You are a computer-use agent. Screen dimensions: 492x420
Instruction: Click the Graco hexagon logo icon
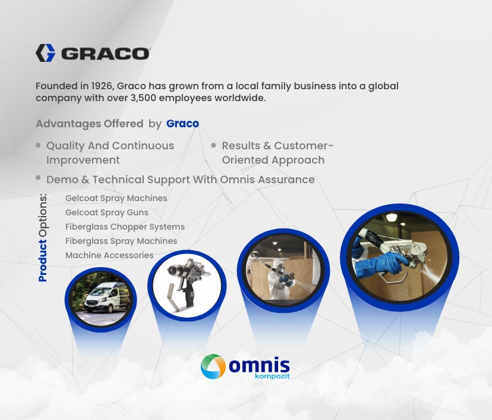46,53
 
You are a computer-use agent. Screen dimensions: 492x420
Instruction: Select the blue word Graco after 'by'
182,124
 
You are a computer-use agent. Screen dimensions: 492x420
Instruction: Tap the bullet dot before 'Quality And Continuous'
38,145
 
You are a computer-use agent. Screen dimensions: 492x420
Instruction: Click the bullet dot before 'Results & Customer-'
214,145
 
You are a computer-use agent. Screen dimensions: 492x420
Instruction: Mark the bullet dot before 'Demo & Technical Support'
38,178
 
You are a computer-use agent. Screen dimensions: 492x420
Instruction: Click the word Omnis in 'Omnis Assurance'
237,180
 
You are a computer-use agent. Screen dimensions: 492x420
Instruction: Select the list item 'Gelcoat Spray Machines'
116,198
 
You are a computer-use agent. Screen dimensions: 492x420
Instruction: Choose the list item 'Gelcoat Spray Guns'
107,212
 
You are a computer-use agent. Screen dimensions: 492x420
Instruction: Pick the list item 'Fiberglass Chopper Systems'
125,227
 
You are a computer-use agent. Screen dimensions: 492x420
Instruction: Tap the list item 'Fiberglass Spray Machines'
121,241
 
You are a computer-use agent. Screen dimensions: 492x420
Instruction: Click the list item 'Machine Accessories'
109,255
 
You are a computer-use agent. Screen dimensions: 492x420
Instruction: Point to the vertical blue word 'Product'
43,261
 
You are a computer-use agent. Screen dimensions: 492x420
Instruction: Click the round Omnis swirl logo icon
213,366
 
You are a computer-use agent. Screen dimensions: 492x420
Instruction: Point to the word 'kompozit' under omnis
272,376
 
